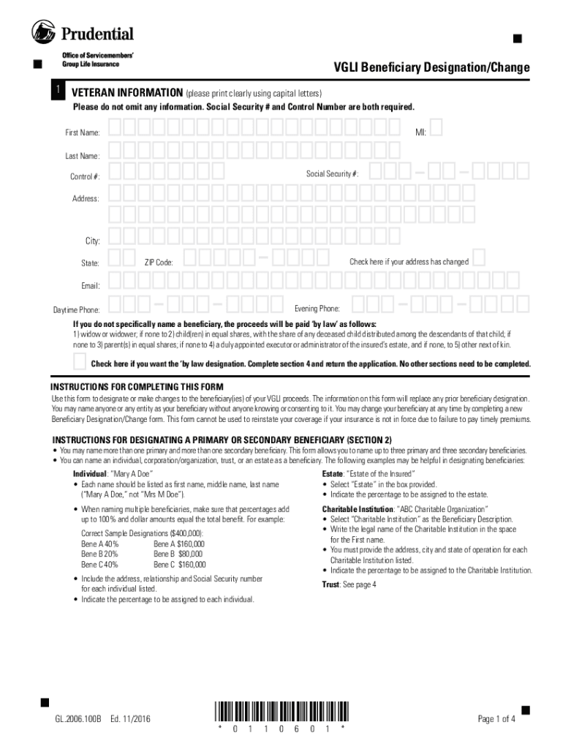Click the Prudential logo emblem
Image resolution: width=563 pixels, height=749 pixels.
44,32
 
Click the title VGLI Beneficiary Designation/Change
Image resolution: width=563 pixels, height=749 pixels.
431,68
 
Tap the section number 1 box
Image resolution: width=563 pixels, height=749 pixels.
55,90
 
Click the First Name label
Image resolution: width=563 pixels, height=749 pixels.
83,133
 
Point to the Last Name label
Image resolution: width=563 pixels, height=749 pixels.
83,156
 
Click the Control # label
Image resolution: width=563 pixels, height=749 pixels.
86,177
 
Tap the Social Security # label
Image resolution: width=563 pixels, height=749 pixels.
332,173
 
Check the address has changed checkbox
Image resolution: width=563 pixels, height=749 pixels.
479,258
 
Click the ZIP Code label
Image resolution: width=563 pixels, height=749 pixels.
159,262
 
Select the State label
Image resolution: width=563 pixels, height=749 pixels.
90,262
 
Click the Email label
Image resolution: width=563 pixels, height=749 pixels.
90,286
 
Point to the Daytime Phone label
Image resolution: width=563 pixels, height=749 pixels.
77,310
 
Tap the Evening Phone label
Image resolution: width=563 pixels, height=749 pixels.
317,309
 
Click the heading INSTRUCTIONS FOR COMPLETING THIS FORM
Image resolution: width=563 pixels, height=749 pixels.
137,387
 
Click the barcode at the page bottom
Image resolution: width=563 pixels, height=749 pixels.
281,710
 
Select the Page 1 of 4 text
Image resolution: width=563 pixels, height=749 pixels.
496,719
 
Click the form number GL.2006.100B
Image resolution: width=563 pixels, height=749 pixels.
78,719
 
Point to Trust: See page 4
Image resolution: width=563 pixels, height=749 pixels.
349,584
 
